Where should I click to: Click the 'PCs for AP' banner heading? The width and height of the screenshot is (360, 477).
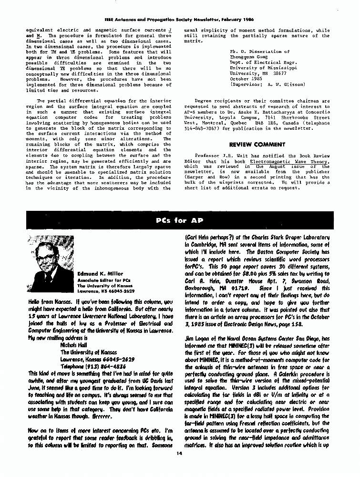click(x=179, y=220)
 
